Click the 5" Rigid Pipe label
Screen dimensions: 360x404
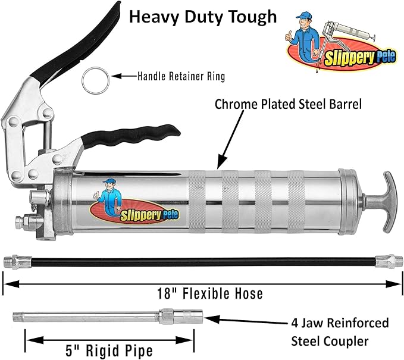pyautogui.click(x=109, y=349)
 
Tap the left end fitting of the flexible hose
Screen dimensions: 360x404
pyautogui.click(x=12, y=260)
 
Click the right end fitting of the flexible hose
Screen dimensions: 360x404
pyautogui.click(x=393, y=261)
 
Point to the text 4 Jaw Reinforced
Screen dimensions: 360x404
pyautogui.click(x=340, y=323)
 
